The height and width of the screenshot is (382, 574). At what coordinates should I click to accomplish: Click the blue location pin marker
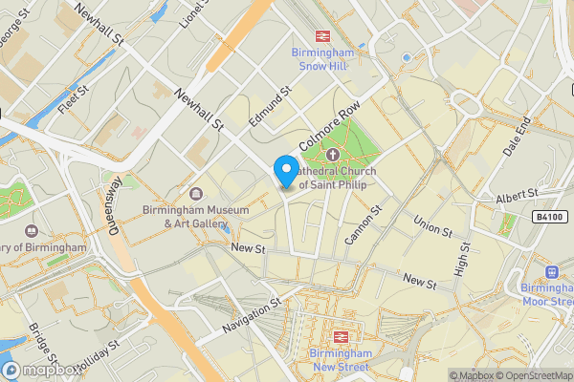click(x=285, y=171)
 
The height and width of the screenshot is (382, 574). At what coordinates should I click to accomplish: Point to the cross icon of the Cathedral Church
click(x=333, y=156)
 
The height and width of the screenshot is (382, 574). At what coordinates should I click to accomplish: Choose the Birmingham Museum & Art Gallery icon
click(x=196, y=195)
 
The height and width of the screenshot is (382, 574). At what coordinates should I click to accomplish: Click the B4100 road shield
click(x=549, y=218)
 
